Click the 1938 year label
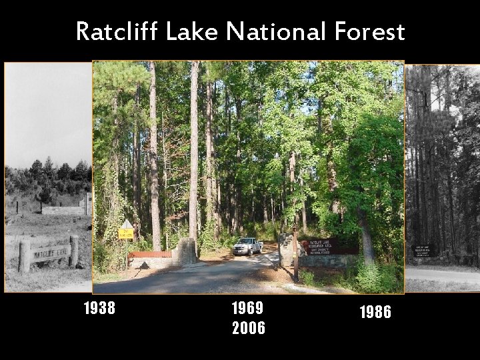(x=99, y=308)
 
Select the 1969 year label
(x=248, y=308)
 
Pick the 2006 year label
(x=248, y=328)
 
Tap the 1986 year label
(x=375, y=312)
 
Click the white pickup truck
(x=248, y=246)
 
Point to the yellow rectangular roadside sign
(x=126, y=233)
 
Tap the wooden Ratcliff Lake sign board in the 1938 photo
(x=50, y=253)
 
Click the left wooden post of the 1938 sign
(x=25, y=256)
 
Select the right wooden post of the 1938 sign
(x=74, y=250)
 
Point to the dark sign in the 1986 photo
(x=424, y=251)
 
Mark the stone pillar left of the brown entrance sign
(x=287, y=249)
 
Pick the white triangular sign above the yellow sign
(x=126, y=224)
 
